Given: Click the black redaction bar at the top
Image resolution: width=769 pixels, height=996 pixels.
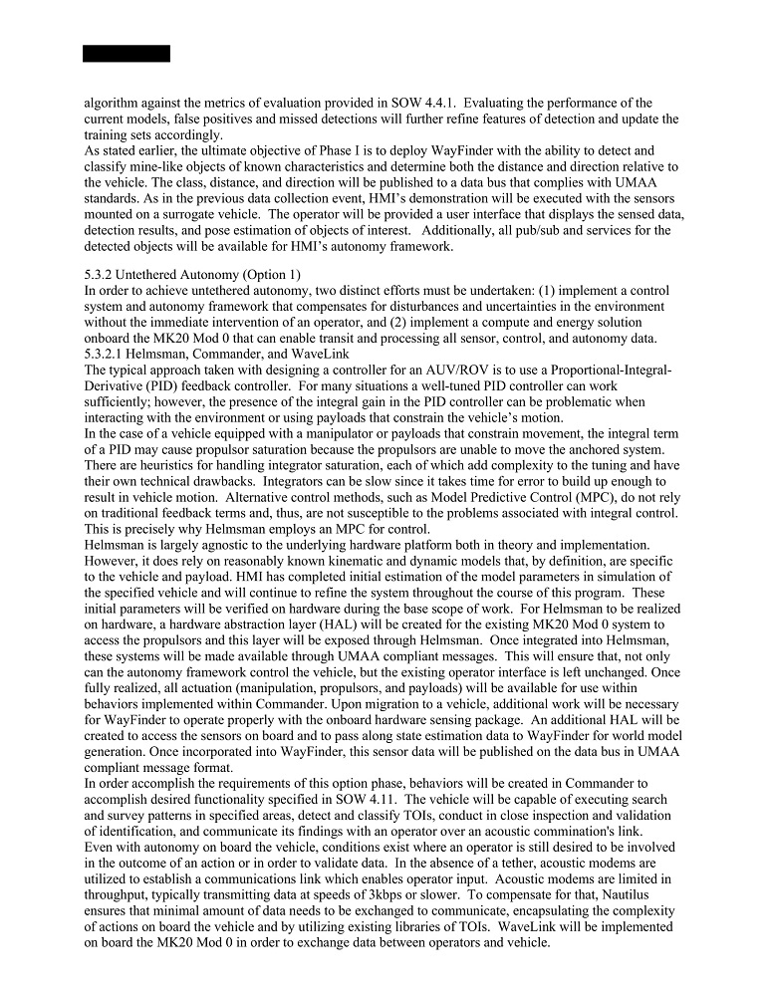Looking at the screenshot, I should click(x=127, y=54).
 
